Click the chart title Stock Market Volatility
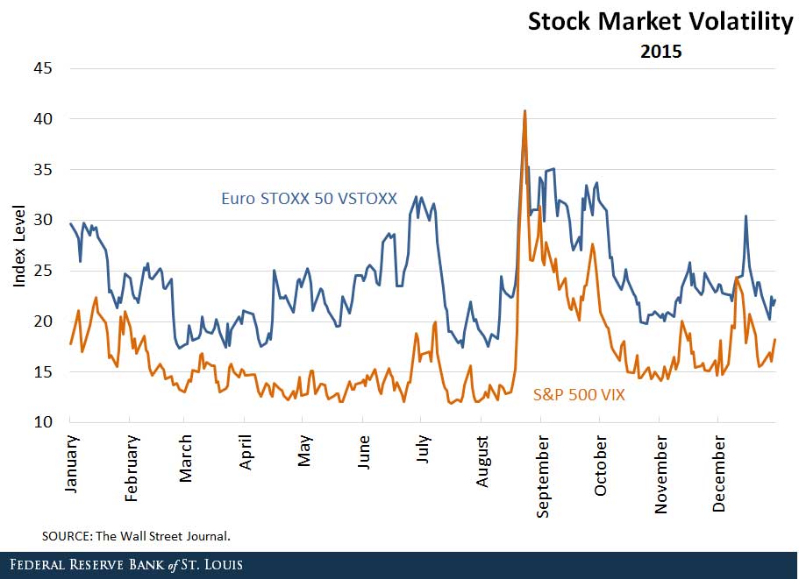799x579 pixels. [x=660, y=22]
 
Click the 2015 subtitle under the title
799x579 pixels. [x=660, y=52]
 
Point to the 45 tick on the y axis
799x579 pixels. [x=42, y=68]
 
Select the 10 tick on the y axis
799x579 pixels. [x=42, y=423]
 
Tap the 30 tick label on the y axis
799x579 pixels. [x=42, y=220]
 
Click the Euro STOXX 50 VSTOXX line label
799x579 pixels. [x=308, y=199]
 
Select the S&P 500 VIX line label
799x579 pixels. [x=579, y=395]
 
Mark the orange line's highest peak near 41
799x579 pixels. [x=524, y=111]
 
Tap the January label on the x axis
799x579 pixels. [x=71, y=462]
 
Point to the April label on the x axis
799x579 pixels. [x=246, y=453]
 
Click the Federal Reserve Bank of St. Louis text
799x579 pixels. [x=123, y=565]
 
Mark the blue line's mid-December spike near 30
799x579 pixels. [x=745, y=215]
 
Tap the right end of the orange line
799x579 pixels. [x=775, y=339]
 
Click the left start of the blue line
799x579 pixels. [x=70, y=223]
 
